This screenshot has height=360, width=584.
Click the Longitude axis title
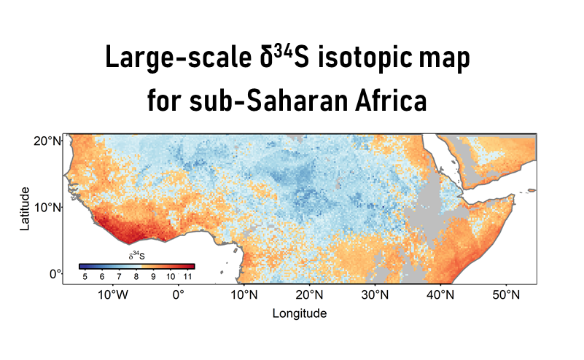pos(299,313)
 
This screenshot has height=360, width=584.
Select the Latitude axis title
pos(25,208)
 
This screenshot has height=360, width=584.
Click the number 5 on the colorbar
pos(85,277)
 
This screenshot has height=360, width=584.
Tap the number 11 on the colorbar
pos(187,277)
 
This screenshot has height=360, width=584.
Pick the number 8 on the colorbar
pos(136,277)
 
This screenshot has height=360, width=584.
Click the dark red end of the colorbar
pos(191,266)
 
